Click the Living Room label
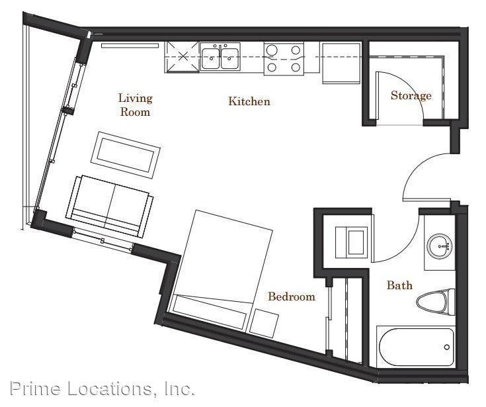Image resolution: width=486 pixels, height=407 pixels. pyautogui.click(x=136, y=105)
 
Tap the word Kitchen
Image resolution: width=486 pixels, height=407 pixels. pyautogui.click(x=249, y=101)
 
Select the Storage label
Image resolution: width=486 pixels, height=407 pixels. pyautogui.click(x=411, y=95)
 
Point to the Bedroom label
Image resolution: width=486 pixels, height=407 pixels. pyautogui.click(x=292, y=296)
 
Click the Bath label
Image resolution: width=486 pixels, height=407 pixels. pyautogui.click(x=399, y=285)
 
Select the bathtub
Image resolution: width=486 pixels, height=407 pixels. pyautogui.click(x=416, y=347)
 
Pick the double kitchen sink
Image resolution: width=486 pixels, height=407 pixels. pyautogui.click(x=220, y=57)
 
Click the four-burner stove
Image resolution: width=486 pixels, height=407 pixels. pyautogui.click(x=284, y=59)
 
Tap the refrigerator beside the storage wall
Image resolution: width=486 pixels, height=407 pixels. pyautogui.click(x=341, y=64)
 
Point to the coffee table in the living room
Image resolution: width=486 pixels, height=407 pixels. pyautogui.click(x=126, y=155)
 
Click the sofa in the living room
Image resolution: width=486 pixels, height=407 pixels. pyautogui.click(x=109, y=206)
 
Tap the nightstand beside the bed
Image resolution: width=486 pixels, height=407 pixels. pyautogui.click(x=264, y=323)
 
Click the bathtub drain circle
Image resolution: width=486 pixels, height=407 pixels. pyautogui.click(x=446, y=347)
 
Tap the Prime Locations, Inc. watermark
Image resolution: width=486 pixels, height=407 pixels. pyautogui.click(x=102, y=388)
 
